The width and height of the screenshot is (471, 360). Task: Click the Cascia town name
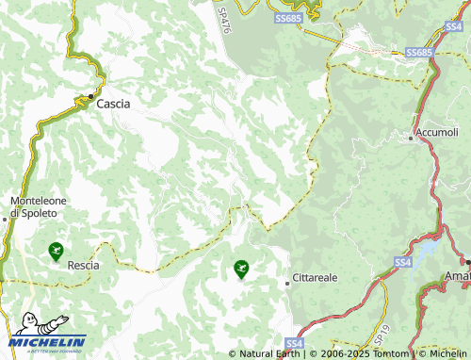tap(113, 104)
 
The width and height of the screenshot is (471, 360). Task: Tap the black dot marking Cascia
tap(90, 96)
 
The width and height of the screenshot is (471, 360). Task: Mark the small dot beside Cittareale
tap(287, 283)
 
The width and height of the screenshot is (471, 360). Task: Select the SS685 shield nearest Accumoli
tap(419, 53)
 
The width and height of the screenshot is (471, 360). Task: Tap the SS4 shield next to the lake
tap(403, 260)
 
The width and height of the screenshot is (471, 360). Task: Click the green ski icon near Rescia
tap(56, 252)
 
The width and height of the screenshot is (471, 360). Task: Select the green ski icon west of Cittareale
tap(241, 270)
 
